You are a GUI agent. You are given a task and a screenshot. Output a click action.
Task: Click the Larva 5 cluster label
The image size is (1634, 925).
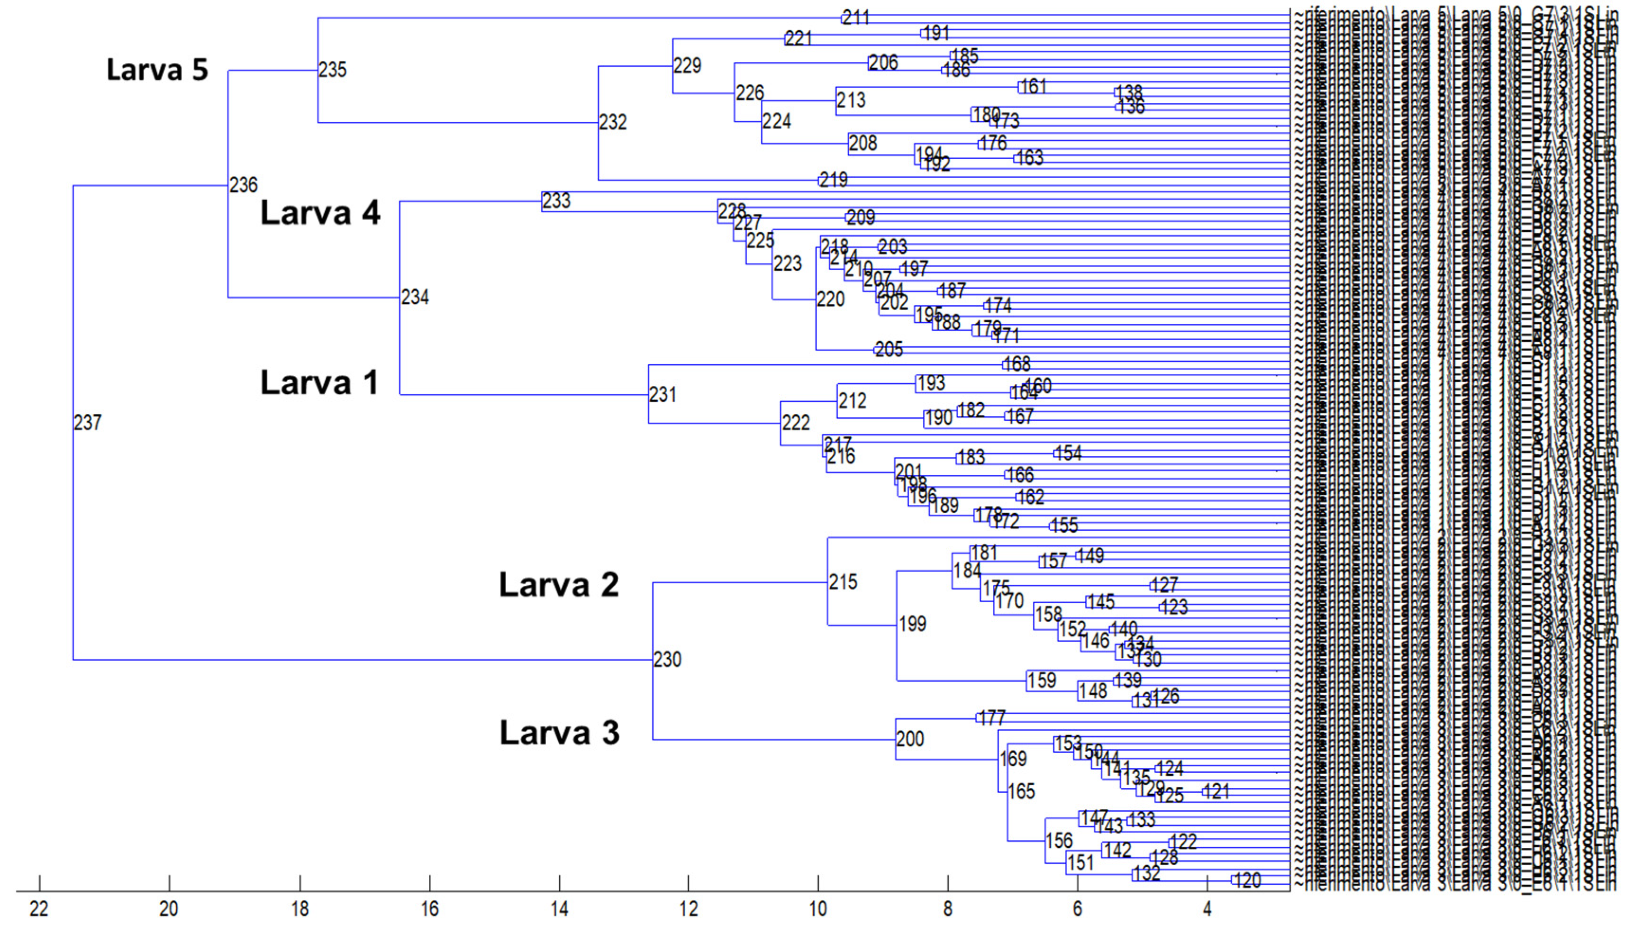(157, 69)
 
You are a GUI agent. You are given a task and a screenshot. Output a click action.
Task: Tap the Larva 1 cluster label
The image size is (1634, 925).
(319, 382)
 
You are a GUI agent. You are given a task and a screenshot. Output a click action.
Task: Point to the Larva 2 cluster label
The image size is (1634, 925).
(558, 584)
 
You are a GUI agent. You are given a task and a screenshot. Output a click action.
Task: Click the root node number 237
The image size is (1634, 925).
(88, 423)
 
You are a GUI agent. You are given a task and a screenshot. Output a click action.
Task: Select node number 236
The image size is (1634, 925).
(243, 185)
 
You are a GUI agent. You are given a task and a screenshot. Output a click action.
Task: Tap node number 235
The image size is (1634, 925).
(333, 69)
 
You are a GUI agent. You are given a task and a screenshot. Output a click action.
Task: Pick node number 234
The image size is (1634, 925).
(415, 297)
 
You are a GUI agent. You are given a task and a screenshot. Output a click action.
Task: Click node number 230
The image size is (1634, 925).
(668, 660)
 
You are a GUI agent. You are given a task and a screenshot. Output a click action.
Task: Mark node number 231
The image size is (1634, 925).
(663, 395)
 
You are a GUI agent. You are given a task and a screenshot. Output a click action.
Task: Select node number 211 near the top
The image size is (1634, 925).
(856, 17)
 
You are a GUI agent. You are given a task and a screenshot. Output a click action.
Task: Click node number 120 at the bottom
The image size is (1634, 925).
(1248, 880)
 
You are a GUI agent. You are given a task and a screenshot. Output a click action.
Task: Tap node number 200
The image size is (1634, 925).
(910, 739)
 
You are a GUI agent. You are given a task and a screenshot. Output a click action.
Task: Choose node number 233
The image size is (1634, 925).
(556, 201)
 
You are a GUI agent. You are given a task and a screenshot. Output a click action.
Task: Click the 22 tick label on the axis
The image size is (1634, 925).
(39, 908)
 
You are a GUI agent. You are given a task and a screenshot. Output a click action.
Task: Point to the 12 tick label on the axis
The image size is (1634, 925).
(688, 908)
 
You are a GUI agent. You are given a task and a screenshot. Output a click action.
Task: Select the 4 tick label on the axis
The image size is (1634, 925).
(1207, 908)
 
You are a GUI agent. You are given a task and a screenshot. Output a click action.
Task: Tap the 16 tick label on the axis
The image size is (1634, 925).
(429, 908)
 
